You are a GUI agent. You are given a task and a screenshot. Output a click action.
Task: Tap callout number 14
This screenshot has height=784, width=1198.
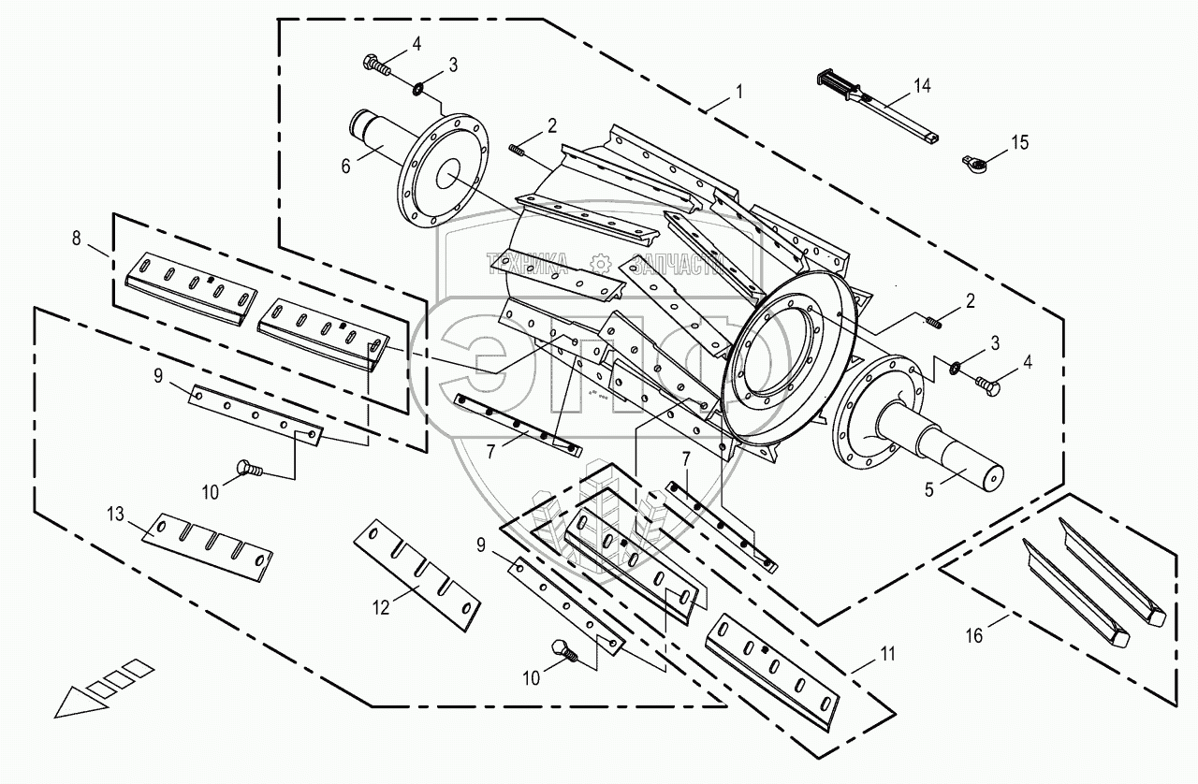pyautogui.click(x=923, y=86)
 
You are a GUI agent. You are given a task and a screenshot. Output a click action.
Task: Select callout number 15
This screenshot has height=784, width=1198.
pyautogui.click(x=1019, y=142)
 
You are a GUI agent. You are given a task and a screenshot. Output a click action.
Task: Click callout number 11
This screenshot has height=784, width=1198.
pyautogui.click(x=886, y=654)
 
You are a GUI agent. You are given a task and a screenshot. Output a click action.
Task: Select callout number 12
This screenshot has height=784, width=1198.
pyautogui.click(x=381, y=606)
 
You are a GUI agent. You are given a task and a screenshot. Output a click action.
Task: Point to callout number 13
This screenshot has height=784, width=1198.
pyautogui.click(x=114, y=514)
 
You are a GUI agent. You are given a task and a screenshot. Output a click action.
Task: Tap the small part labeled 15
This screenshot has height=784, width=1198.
pyautogui.click(x=974, y=165)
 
